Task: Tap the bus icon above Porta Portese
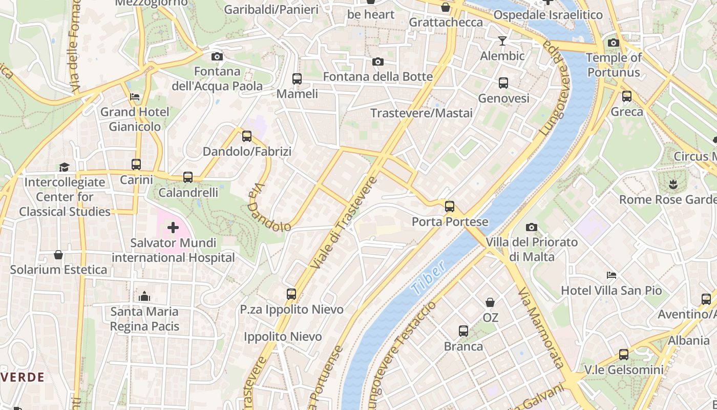(x=450, y=207)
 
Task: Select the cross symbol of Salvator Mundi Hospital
(x=173, y=227)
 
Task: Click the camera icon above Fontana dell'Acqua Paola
(x=217, y=56)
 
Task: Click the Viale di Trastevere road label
(x=344, y=222)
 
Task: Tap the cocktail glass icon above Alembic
(x=502, y=41)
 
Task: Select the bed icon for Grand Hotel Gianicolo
(x=135, y=96)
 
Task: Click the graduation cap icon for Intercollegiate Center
(x=64, y=167)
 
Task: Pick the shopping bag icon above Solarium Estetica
(x=58, y=255)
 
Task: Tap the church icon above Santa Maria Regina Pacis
(x=144, y=296)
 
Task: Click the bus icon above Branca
(x=463, y=331)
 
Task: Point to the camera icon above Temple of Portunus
(x=613, y=43)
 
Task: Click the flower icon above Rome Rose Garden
(x=673, y=183)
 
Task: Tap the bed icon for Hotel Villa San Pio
(x=611, y=275)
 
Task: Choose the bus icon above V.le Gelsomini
(x=624, y=354)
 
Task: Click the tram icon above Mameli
(x=297, y=79)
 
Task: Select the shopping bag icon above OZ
(x=490, y=302)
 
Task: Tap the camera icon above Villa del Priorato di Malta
(x=532, y=227)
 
